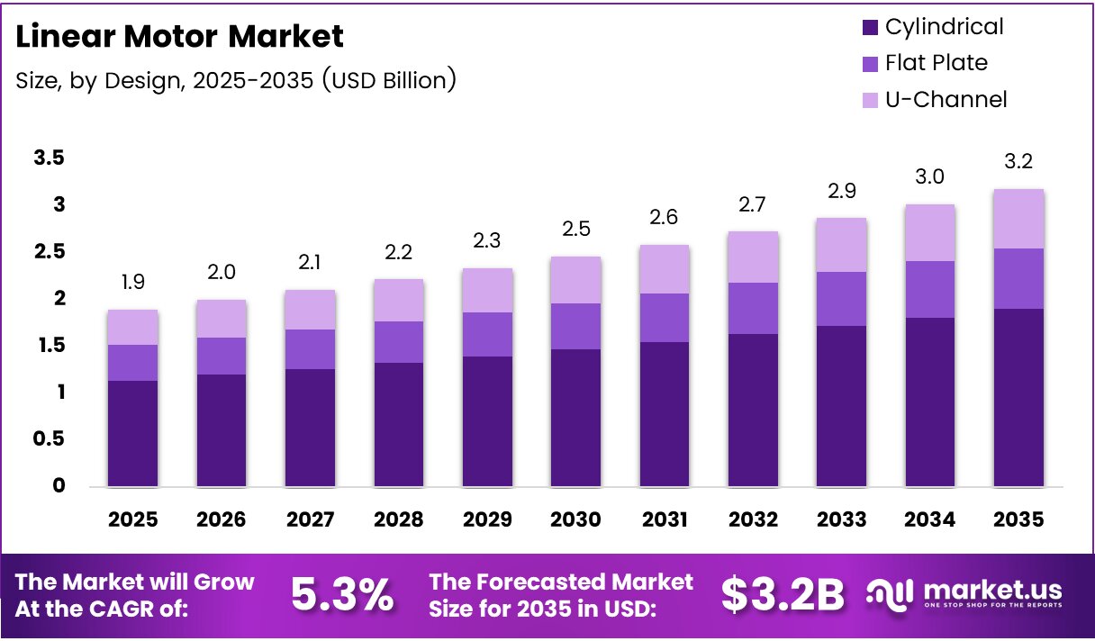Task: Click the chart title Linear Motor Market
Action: (180, 37)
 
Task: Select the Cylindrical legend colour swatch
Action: (869, 27)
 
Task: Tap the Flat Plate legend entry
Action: (936, 63)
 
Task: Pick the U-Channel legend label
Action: (946, 99)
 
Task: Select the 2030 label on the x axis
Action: (575, 519)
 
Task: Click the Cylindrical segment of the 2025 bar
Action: (133, 433)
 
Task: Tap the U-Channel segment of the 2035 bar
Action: (1018, 219)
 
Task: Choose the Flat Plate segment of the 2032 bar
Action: (753, 308)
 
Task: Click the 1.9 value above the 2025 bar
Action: (133, 283)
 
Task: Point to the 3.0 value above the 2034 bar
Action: (929, 177)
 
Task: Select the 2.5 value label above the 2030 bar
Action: (575, 229)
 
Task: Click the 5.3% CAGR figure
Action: (342, 594)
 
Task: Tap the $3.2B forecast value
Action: (783, 594)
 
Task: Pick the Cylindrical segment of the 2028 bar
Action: (399, 424)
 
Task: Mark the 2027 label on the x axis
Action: (310, 519)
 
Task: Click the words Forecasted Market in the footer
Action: (561, 582)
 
